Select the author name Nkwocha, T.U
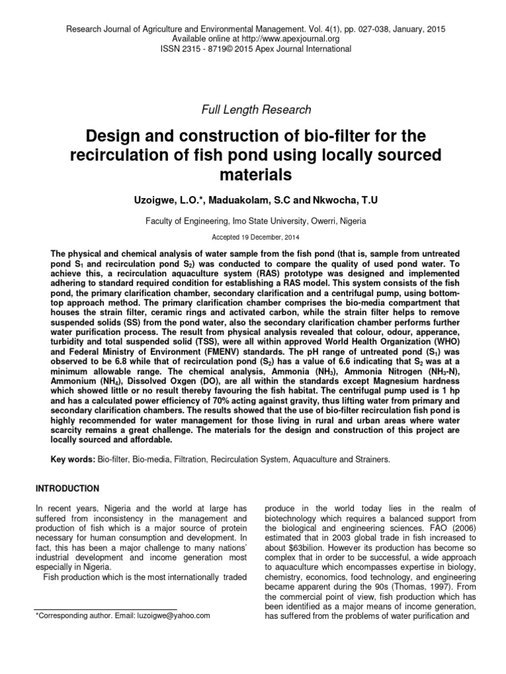pos(338,199)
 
